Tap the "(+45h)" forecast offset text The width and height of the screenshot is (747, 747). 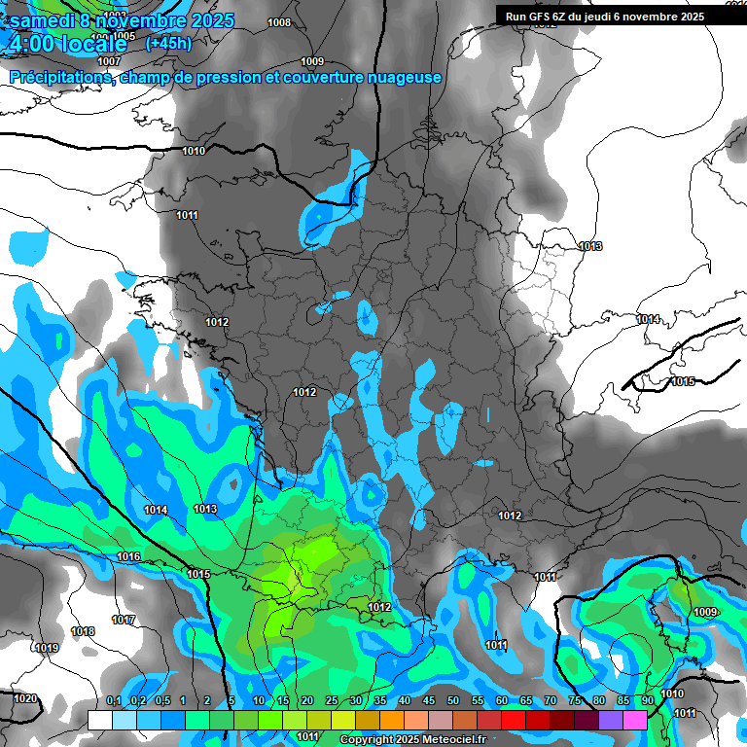tap(169, 43)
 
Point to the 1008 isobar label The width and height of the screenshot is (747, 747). tap(278, 22)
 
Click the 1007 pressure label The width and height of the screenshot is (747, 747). tap(109, 60)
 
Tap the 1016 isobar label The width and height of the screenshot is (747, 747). tap(128, 556)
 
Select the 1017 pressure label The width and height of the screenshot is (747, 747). tap(123, 620)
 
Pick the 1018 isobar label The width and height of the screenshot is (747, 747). tap(83, 631)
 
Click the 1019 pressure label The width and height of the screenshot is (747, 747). tap(47, 648)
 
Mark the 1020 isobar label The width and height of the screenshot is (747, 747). tap(25, 698)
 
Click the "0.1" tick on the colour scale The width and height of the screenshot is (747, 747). tap(113, 701)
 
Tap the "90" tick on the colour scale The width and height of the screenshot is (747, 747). tap(647, 701)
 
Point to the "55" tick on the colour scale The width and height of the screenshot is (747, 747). tap(478, 701)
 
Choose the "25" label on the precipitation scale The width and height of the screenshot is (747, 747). tap(332, 701)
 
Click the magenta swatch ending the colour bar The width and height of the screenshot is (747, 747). tap(634, 720)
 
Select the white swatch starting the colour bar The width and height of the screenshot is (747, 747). tap(100, 720)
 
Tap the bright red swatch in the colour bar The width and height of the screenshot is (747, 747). tap(513, 720)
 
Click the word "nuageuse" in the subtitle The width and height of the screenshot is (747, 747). tap(408, 77)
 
